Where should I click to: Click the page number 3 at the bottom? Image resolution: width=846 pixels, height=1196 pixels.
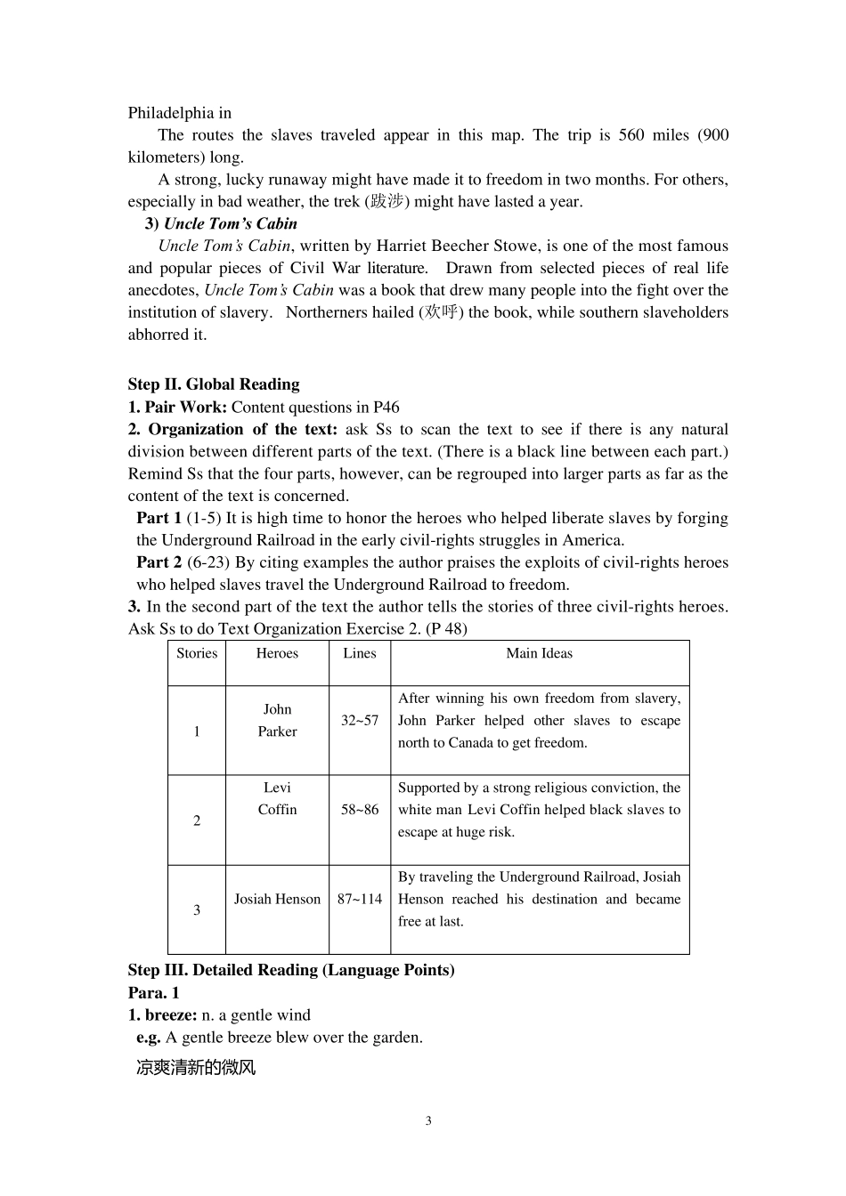(x=428, y=1120)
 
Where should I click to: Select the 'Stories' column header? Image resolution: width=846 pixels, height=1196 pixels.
(x=197, y=653)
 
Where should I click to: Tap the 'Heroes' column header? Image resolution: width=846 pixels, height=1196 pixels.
(x=277, y=653)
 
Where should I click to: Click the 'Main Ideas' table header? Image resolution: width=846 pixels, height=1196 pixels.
(x=539, y=653)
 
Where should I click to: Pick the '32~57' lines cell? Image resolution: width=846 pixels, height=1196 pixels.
(x=360, y=720)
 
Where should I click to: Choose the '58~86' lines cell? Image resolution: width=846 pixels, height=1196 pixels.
(x=360, y=809)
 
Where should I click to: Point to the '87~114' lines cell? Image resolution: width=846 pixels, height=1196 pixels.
(x=360, y=899)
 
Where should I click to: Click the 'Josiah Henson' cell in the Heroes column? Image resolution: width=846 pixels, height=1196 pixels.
(x=277, y=899)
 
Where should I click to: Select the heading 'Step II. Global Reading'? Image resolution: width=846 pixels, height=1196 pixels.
(x=214, y=384)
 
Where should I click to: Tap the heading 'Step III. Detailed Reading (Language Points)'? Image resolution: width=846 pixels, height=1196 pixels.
(x=291, y=970)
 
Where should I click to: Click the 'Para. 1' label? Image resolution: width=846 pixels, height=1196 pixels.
(x=153, y=992)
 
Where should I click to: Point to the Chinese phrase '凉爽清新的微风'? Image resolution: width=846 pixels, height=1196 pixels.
(x=196, y=1067)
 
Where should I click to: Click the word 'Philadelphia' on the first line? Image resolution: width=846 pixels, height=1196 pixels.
(x=171, y=113)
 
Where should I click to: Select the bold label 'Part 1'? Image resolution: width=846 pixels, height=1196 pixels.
(x=159, y=518)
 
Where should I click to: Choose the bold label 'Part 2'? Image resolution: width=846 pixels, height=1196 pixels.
(x=159, y=562)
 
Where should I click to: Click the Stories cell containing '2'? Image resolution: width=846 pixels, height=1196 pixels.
(x=197, y=820)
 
